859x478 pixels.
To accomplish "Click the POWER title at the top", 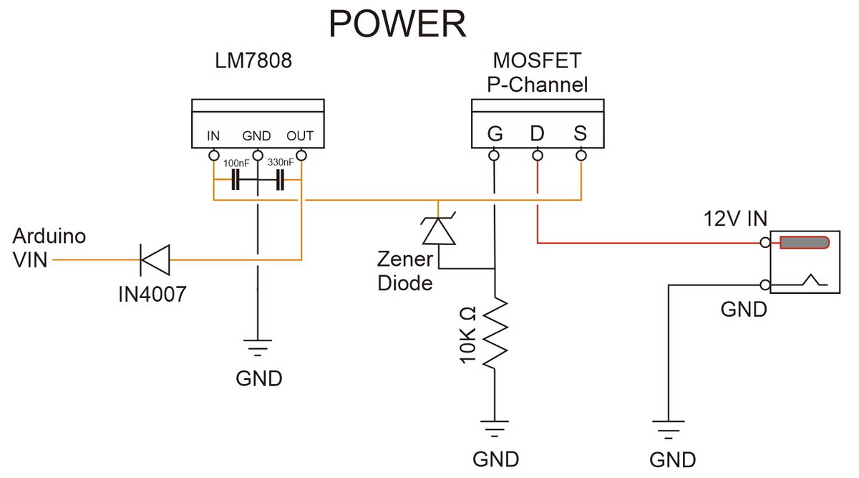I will click(397, 24).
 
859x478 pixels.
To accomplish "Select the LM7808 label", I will click(253, 62).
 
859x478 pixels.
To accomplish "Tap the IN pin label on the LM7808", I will click(213, 136).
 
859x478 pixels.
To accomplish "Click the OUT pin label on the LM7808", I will click(300, 136).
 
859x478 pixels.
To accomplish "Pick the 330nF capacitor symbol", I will click(280, 181).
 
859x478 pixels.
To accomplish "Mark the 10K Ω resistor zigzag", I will click(495, 333).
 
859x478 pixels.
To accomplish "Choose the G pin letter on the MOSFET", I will click(495, 134).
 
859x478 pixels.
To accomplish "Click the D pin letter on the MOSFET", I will click(537, 134).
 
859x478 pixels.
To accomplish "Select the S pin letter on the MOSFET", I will click(581, 134).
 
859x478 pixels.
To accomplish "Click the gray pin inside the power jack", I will click(804, 243).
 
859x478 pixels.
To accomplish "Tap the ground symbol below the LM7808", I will click(258, 348).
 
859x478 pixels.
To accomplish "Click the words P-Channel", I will click(537, 85).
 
